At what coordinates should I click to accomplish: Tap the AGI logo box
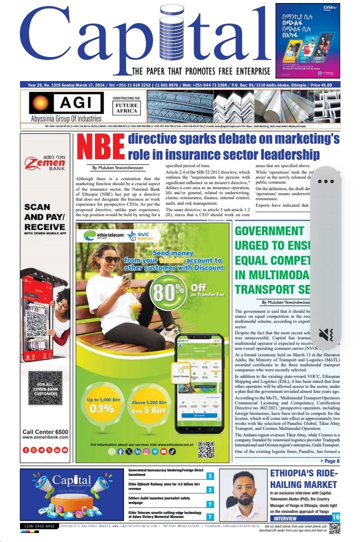click(x=59, y=103)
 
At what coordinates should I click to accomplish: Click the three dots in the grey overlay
click(x=325, y=181)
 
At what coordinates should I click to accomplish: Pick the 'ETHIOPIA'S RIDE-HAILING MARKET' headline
click(x=304, y=479)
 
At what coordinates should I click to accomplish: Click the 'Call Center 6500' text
click(x=45, y=432)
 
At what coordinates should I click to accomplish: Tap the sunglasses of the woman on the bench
click(x=109, y=259)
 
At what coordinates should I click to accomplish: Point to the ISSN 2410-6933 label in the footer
click(x=39, y=526)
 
